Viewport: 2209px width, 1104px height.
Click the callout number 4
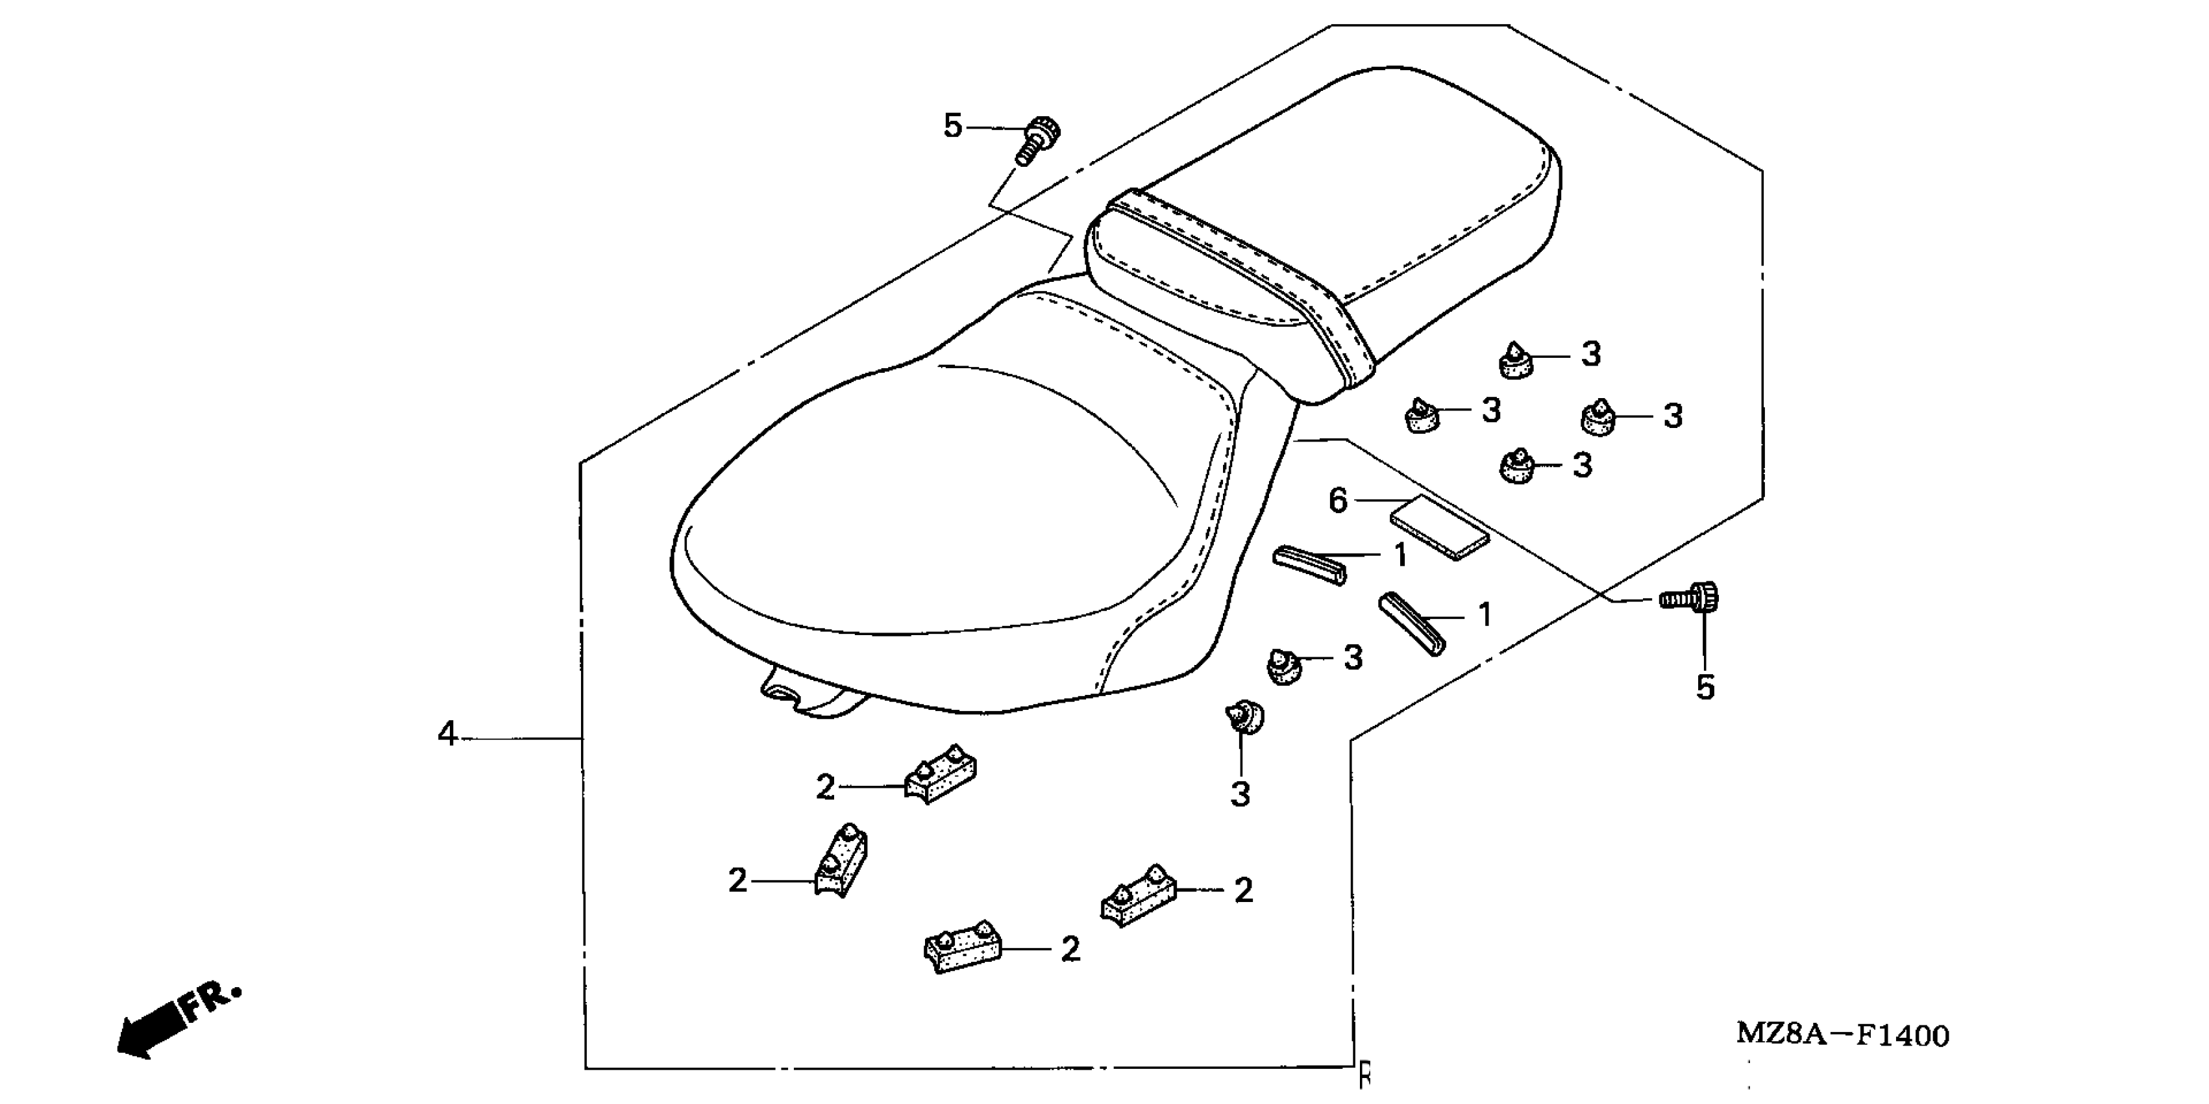point(447,734)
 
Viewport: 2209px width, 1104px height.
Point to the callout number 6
point(1338,500)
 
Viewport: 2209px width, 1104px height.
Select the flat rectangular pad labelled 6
point(1440,529)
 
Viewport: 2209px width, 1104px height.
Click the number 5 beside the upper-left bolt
point(953,126)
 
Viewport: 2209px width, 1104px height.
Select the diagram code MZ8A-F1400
point(1842,1035)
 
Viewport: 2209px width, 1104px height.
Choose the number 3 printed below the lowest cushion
point(1240,794)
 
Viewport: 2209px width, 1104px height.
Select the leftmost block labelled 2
point(841,863)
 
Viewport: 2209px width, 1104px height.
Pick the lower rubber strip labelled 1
point(1411,623)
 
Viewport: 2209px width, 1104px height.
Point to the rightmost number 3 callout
point(1673,416)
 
